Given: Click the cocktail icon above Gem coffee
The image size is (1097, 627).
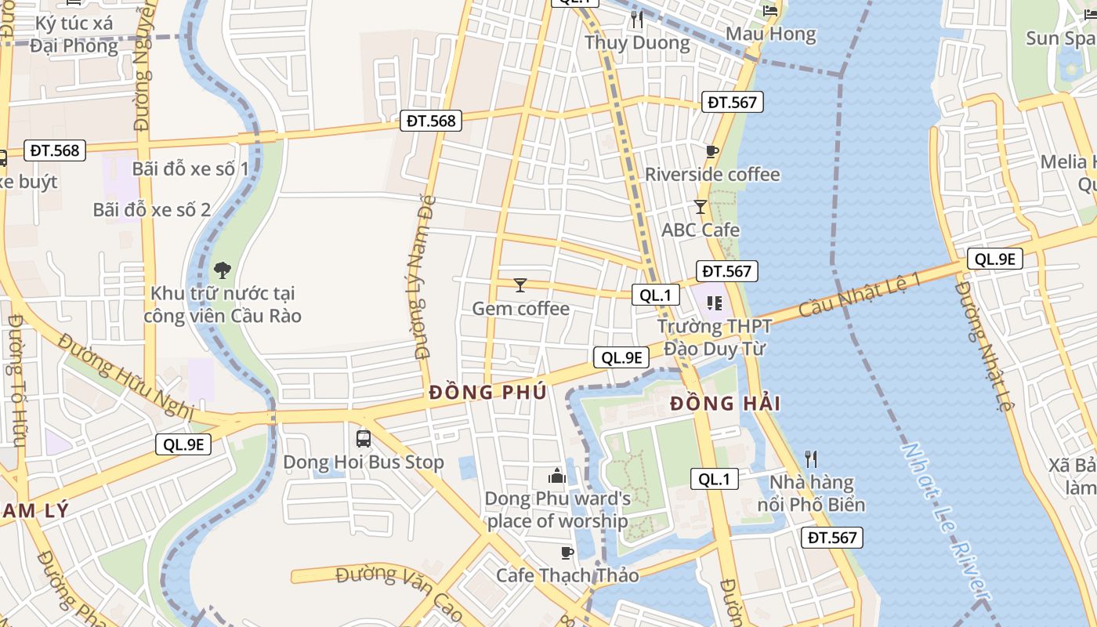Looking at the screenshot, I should pos(520,285).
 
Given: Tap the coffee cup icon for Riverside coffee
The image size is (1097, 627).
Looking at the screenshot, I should pos(711,151).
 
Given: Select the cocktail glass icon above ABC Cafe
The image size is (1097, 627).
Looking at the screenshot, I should pos(701,207).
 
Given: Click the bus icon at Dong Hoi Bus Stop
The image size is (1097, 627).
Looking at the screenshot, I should pos(363,438).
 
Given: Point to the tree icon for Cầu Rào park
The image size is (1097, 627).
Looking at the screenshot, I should pos(223,270).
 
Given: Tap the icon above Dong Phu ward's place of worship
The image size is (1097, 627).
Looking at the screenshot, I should pos(557,476).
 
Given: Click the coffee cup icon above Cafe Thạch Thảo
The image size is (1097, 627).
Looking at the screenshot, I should pos(567,553).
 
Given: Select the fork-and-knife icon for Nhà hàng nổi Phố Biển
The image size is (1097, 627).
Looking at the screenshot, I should pos(811,458).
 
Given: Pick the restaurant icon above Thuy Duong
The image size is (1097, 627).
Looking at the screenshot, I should pos(637,20).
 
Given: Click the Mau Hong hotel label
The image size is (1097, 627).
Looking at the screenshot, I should pos(771,34).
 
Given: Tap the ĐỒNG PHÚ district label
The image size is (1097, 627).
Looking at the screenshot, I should pos(487,393).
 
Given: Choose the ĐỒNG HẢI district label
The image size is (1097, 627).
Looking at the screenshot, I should pos(726,404).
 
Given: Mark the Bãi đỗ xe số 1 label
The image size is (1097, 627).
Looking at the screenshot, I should pos(190,169).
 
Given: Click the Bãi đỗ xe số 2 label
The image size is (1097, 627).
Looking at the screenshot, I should pos(152,209).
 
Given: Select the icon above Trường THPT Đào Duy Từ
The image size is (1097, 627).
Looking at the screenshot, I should pos(713,303).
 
